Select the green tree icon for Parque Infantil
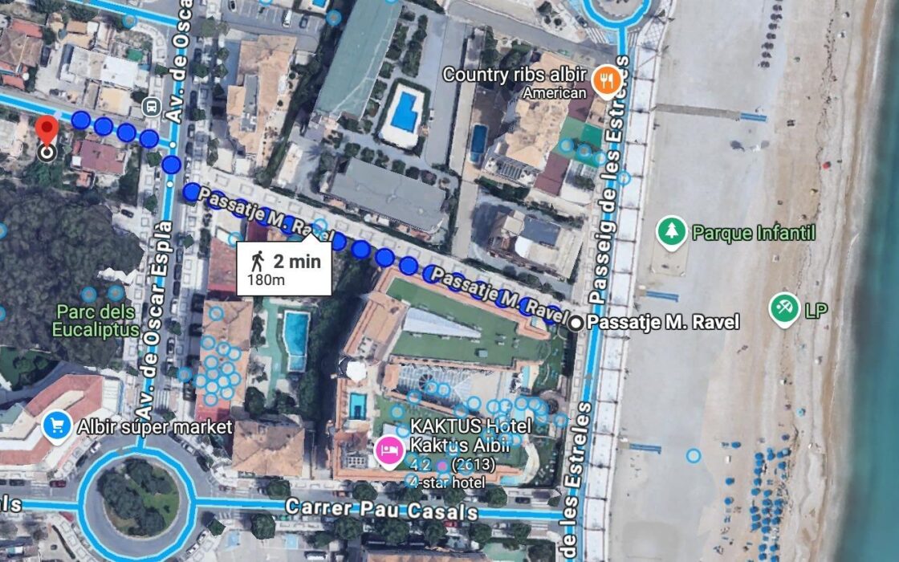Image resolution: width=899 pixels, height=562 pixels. coord(671,233)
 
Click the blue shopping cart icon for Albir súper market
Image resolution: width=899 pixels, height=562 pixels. coord(57,426)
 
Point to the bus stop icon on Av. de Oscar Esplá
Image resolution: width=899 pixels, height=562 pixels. coord(150,106)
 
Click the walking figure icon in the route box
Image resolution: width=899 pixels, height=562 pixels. coord(258,261)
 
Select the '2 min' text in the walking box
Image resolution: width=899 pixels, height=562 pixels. coord(296,261)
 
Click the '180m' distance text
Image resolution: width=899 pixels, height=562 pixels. coord(266,279)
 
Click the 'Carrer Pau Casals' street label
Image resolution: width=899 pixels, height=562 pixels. coord(381,511)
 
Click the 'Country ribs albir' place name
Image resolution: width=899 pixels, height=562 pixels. coord(515,75)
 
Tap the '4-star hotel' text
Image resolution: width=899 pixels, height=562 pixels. coord(446,482)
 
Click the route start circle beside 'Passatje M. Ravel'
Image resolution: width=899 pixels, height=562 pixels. coord(576,323)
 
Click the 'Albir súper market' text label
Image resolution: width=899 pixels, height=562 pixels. coord(155,426)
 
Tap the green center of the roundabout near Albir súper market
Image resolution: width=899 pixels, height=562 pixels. coord(140,500)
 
